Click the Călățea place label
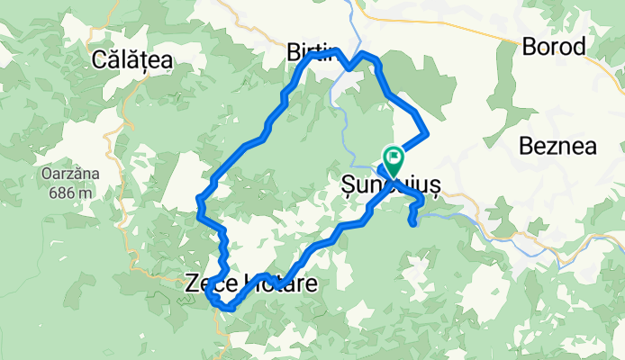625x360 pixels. (x=132, y=60)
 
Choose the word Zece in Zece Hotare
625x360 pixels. (x=205, y=283)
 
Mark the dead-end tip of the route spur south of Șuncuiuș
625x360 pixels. (x=413, y=222)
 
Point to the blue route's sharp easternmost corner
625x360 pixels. (x=426, y=133)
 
